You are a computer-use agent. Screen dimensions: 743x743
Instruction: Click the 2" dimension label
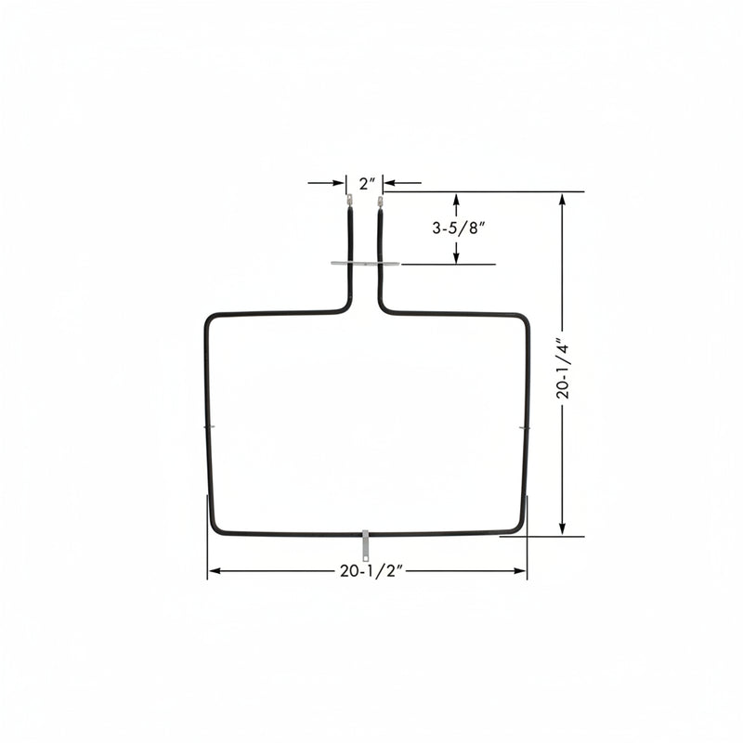pyautogui.click(x=367, y=184)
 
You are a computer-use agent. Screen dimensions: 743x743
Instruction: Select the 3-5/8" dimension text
pyautogui.click(x=459, y=228)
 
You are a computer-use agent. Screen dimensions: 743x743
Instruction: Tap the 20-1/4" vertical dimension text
pyautogui.click(x=564, y=368)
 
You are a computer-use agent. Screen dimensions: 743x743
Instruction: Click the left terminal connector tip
pyautogui.click(x=349, y=198)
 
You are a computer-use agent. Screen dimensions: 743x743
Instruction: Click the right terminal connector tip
pyautogui.click(x=380, y=202)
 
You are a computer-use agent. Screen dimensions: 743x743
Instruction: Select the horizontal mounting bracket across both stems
pyautogui.click(x=365, y=264)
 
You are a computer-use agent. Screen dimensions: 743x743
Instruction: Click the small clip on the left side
pyautogui.click(x=209, y=427)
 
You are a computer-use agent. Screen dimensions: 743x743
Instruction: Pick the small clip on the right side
pyautogui.click(x=525, y=428)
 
